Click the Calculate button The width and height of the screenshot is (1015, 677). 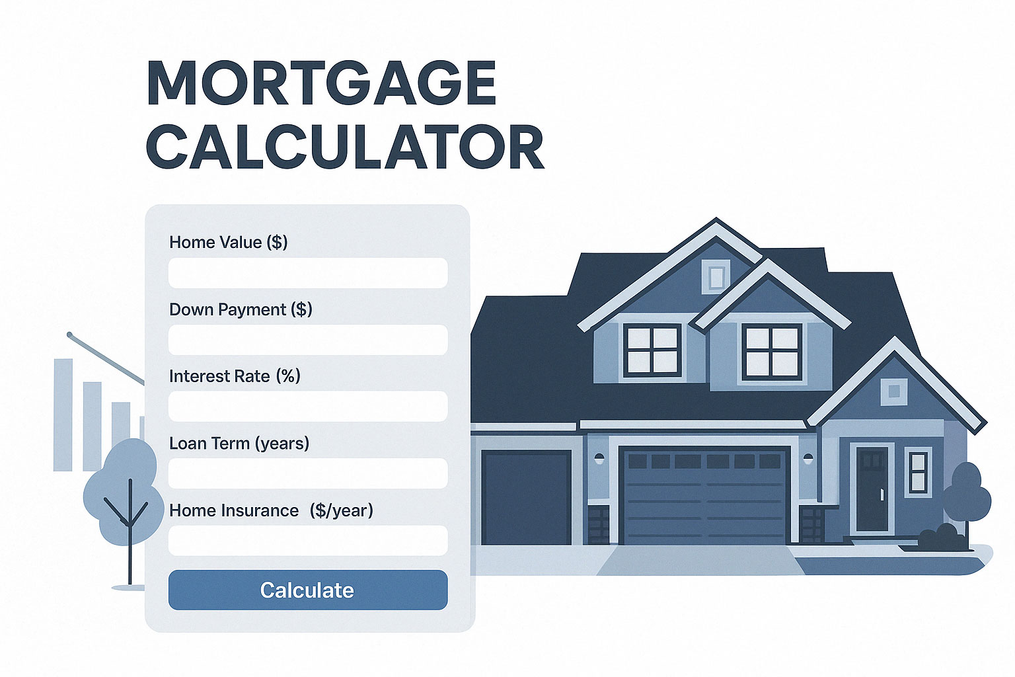pyautogui.click(x=308, y=590)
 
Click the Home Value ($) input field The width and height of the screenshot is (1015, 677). pyautogui.click(x=308, y=273)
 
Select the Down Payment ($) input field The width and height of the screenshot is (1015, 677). pyautogui.click(x=308, y=340)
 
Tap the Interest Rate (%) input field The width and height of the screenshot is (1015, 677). pyautogui.click(x=308, y=407)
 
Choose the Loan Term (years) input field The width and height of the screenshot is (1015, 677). pyautogui.click(x=308, y=473)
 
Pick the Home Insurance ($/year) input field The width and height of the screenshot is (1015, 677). pyautogui.click(x=308, y=541)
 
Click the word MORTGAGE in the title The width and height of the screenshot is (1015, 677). pyautogui.click(x=322, y=83)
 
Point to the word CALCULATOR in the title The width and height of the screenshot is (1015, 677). pyautogui.click(x=346, y=147)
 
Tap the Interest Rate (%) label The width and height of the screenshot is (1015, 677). pyautogui.click(x=235, y=376)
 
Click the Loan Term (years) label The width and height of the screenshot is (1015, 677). pyautogui.click(x=239, y=444)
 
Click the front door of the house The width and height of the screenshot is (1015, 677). pyautogui.click(x=872, y=489)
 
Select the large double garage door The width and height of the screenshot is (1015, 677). pyautogui.click(x=704, y=495)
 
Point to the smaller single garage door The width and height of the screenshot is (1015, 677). pyautogui.click(x=526, y=497)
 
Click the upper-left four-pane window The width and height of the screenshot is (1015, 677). pyautogui.click(x=652, y=350)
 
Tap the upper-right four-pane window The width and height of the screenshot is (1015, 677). pyautogui.click(x=772, y=352)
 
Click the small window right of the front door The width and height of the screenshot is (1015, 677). pyautogui.click(x=918, y=472)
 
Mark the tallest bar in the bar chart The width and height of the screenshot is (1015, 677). pyautogui.click(x=63, y=415)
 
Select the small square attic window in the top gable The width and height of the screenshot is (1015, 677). pyautogui.click(x=716, y=276)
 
